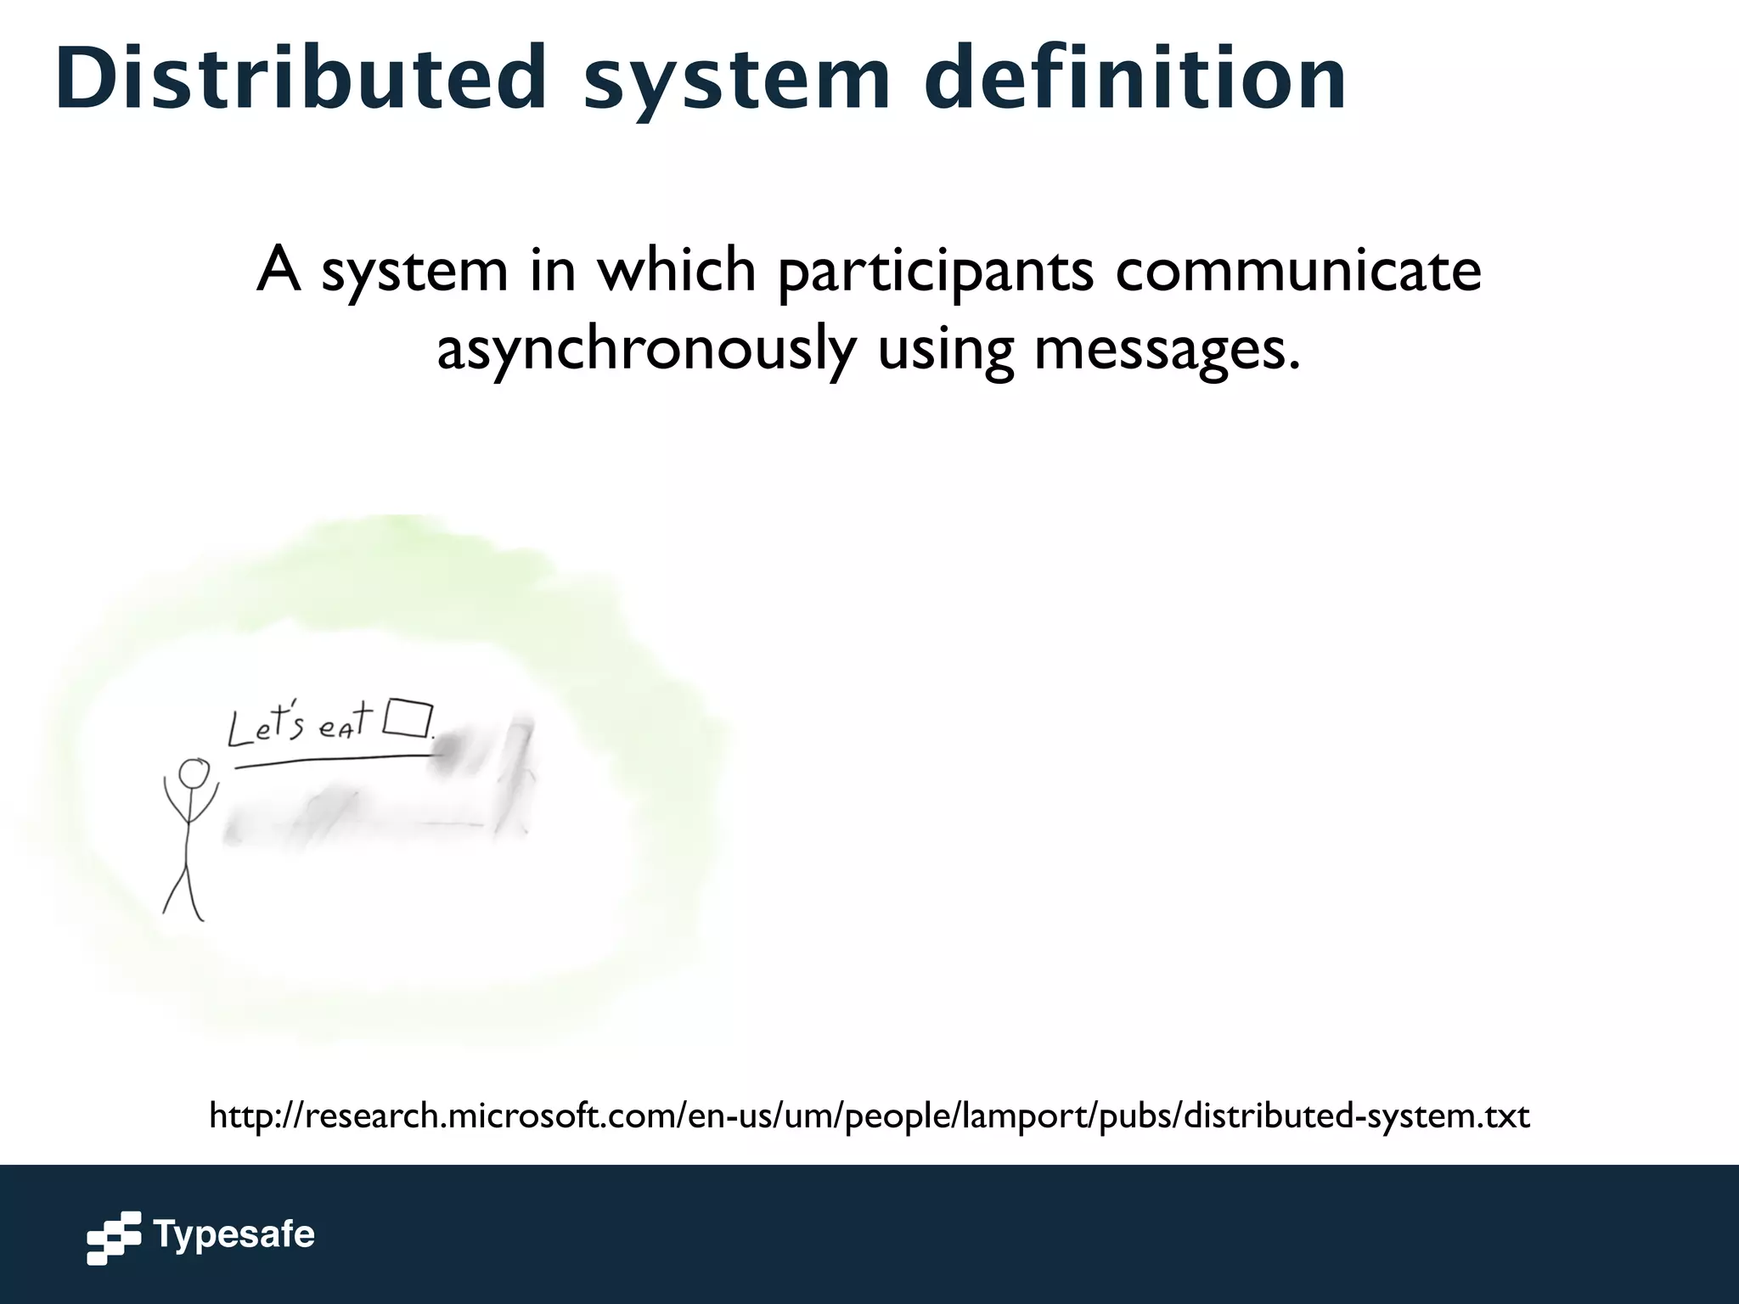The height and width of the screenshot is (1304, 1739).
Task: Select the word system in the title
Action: [x=737, y=81]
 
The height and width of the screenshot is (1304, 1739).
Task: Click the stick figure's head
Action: [x=194, y=774]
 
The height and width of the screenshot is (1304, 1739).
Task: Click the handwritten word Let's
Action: [x=266, y=727]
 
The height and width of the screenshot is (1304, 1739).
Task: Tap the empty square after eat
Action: [x=408, y=718]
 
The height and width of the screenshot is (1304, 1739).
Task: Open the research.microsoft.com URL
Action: [x=869, y=1115]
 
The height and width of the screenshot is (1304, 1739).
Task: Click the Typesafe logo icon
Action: [x=114, y=1238]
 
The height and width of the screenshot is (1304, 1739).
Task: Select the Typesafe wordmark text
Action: [x=234, y=1234]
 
